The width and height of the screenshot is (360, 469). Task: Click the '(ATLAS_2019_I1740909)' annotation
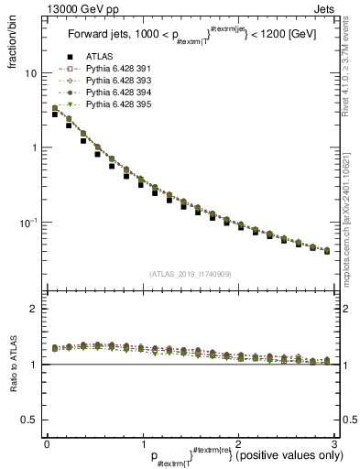pyautogui.click(x=190, y=273)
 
